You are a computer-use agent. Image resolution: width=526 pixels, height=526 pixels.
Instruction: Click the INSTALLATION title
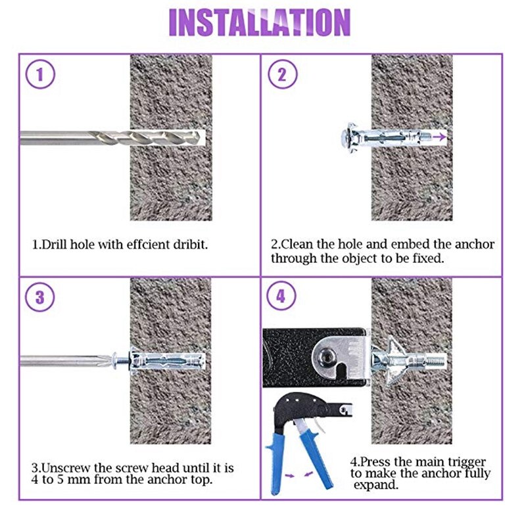(260, 22)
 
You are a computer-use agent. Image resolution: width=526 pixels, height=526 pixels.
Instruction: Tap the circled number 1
(40, 74)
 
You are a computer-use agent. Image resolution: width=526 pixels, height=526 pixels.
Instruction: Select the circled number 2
(282, 74)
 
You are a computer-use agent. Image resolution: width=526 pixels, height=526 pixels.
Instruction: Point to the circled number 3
(40, 297)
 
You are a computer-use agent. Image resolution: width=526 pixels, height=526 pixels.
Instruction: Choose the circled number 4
(281, 297)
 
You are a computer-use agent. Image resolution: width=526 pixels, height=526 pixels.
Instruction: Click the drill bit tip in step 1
(199, 137)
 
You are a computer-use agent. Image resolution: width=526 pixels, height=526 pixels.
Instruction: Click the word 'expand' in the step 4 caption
(375, 485)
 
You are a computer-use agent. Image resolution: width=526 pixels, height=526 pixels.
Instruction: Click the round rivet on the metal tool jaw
(325, 356)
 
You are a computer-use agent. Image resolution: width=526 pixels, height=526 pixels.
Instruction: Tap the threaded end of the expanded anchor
(436, 361)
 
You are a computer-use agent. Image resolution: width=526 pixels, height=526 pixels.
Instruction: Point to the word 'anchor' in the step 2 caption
(475, 244)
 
